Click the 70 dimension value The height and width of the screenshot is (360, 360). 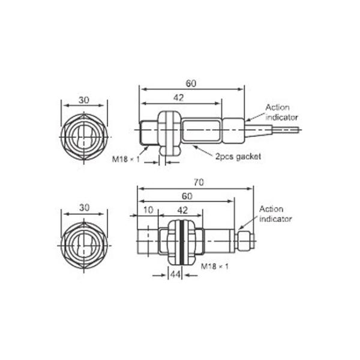click(199, 182)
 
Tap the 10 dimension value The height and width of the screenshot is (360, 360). click(148, 210)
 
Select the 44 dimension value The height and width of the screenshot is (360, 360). click(175, 274)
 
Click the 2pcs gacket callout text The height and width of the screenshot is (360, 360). click(238, 157)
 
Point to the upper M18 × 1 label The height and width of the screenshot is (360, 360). click(126, 159)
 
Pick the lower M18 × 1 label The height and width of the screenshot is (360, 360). click(215, 266)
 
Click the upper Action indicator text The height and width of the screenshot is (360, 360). click(281, 113)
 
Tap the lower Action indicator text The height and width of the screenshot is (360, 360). click(275, 214)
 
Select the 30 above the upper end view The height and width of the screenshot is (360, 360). click(84, 100)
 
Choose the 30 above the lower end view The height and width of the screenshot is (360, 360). click(84, 208)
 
